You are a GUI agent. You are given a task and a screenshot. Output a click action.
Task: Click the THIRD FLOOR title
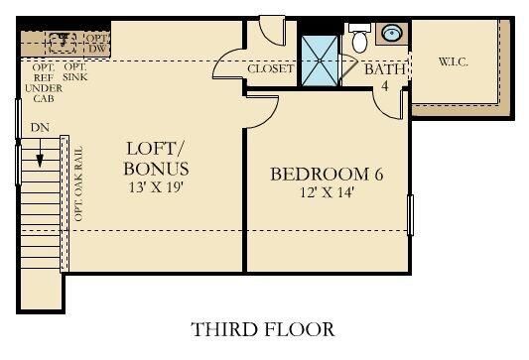pos(263,329)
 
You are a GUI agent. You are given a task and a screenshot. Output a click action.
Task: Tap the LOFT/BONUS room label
pos(156,159)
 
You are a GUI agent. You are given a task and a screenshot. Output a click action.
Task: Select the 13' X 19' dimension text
pos(156,187)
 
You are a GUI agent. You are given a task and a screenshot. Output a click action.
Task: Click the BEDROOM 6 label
pos(327,175)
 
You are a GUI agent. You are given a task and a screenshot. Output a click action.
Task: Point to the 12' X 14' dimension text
pos(327,192)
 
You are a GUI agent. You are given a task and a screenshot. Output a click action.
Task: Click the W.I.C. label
pos(454,61)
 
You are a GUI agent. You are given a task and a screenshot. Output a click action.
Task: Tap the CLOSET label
pos(271,68)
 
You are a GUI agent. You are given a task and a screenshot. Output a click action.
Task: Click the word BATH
pos(385,69)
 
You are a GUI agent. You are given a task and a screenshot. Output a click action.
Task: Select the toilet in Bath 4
pos(359,38)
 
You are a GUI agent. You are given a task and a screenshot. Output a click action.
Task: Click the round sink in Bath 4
pos(392,33)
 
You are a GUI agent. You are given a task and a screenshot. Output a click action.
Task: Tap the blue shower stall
pos(320,60)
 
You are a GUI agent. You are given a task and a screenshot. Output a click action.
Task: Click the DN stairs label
pos(40,127)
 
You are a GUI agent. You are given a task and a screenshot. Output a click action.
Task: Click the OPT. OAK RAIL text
pos(78,183)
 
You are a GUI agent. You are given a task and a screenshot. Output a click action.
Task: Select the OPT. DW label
pos(97,44)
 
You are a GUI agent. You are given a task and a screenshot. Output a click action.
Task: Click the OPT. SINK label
pos(74,72)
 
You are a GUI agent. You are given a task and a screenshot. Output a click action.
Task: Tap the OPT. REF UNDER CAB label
pos(44,82)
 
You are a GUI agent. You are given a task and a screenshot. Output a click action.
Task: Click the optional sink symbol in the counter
pos(63,43)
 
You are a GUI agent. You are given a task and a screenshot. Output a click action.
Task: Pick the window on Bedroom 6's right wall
pos(410,215)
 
